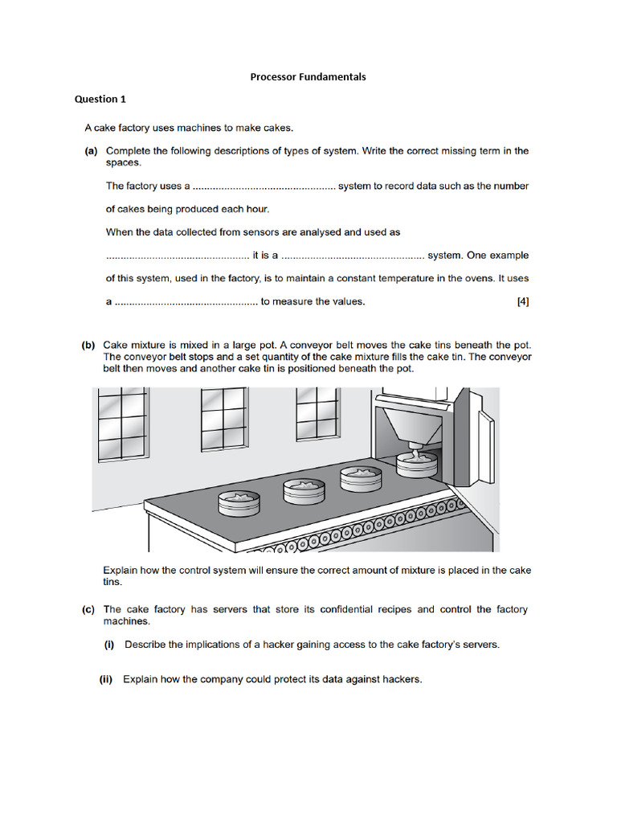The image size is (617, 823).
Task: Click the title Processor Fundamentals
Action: click(x=308, y=77)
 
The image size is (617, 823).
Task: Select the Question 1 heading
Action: click(x=100, y=100)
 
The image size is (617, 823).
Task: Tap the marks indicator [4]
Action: click(x=522, y=302)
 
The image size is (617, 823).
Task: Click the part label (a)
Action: click(x=91, y=151)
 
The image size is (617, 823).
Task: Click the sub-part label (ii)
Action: click(x=106, y=679)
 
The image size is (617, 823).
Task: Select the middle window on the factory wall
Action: click(x=223, y=420)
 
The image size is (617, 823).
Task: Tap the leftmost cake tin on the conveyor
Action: click(x=239, y=503)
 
